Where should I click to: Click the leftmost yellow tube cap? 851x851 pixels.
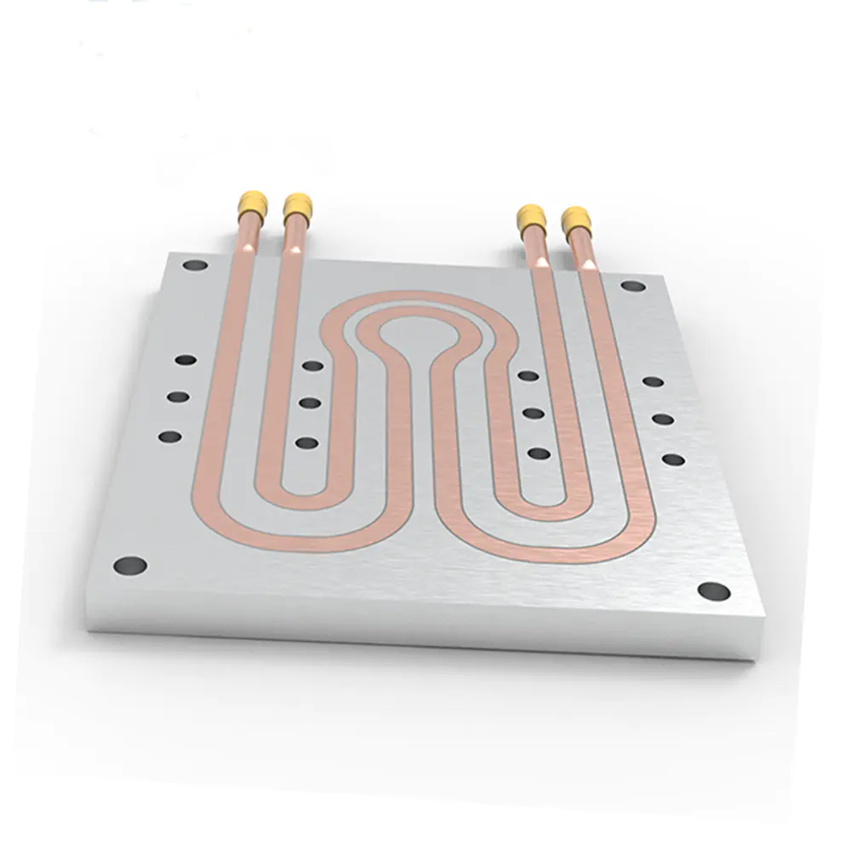[x=253, y=203]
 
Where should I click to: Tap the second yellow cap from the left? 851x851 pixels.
[x=298, y=206]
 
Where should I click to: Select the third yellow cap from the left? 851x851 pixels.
[x=531, y=218]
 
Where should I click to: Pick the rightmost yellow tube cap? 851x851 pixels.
[x=576, y=220]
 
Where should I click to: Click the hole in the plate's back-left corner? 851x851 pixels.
[x=195, y=265]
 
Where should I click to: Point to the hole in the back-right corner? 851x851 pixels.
[x=632, y=286]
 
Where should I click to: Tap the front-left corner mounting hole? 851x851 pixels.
[x=130, y=564]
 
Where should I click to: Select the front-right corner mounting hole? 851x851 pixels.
[x=713, y=591]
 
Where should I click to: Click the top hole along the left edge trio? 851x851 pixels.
[x=186, y=360]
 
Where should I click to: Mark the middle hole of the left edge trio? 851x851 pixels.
[x=178, y=397]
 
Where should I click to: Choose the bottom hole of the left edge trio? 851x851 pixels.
[x=170, y=437]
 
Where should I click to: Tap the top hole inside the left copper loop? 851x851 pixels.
[x=313, y=366]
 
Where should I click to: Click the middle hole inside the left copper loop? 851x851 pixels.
[x=310, y=403]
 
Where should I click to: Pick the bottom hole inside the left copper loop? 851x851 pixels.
[x=306, y=443]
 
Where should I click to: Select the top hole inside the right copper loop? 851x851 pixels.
[x=528, y=375]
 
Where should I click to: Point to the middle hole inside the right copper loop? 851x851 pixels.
[x=534, y=413]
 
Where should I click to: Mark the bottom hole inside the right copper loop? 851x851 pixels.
[x=539, y=453]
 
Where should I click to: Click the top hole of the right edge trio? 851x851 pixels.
[x=653, y=381]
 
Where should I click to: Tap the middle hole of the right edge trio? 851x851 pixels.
[x=663, y=419]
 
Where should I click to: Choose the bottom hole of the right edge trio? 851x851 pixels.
[x=673, y=460]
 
